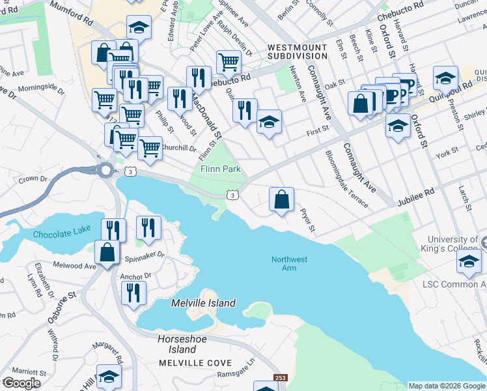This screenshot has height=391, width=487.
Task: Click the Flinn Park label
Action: pos(219,169)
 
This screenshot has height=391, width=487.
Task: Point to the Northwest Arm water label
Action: pos(289,265)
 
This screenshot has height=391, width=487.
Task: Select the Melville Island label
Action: pos(203,304)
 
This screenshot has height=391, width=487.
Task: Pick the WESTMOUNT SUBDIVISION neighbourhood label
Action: pos(302,53)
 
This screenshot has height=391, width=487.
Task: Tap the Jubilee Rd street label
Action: pos(421,194)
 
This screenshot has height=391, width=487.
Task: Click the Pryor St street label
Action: pos(307,220)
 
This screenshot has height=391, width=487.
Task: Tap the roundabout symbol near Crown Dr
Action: pos(105,171)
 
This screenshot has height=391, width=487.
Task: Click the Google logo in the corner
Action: pos(21,383)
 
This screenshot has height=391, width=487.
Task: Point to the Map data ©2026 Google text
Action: pos(447,386)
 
